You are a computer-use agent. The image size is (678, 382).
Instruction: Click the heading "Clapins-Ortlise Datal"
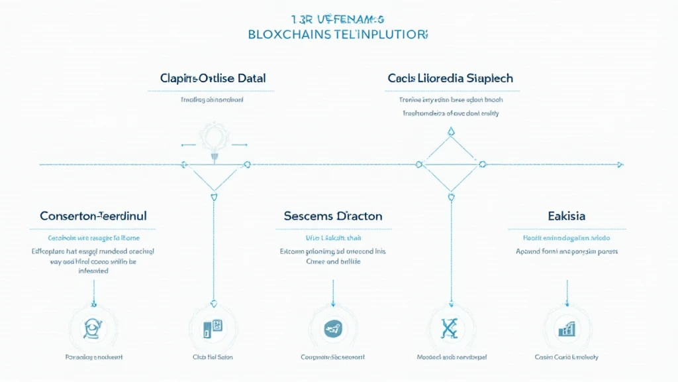(213, 78)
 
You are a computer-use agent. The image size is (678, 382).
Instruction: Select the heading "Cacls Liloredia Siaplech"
(450, 78)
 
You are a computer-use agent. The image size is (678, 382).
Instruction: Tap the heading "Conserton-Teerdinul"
(93, 216)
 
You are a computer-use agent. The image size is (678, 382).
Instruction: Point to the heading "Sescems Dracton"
(333, 216)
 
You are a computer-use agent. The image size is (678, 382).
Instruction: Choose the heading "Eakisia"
(566, 216)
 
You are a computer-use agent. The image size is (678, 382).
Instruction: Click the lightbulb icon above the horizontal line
(214, 139)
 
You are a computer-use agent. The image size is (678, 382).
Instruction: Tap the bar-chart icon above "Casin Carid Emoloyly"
(566, 328)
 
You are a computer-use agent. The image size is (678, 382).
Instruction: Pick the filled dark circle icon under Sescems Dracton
(332, 328)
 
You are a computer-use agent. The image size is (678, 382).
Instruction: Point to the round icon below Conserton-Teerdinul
(93, 328)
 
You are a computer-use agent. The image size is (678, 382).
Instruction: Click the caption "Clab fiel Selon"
(213, 357)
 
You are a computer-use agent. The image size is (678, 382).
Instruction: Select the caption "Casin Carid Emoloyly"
(566, 357)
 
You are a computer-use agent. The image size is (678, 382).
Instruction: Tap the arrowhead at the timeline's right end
(620, 164)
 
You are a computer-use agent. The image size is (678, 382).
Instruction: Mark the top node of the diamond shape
(451, 131)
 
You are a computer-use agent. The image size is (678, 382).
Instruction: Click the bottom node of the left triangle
(213, 196)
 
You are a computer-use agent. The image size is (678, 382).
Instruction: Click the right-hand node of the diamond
(482, 164)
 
